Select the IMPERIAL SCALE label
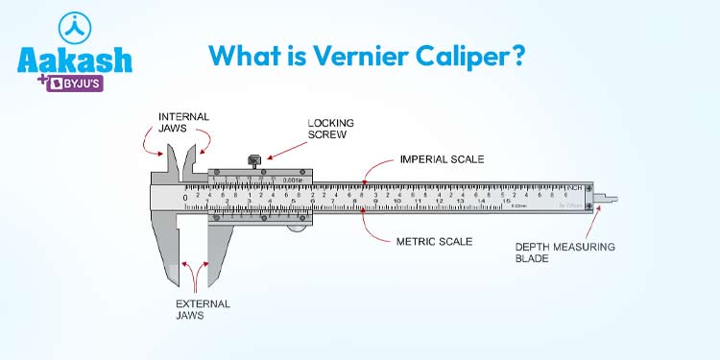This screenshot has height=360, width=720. [441, 158]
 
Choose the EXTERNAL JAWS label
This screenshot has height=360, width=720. [202, 309]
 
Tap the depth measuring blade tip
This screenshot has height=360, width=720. [612, 200]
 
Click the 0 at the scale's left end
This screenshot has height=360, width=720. [186, 198]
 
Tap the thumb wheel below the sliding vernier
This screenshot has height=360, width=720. [298, 227]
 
